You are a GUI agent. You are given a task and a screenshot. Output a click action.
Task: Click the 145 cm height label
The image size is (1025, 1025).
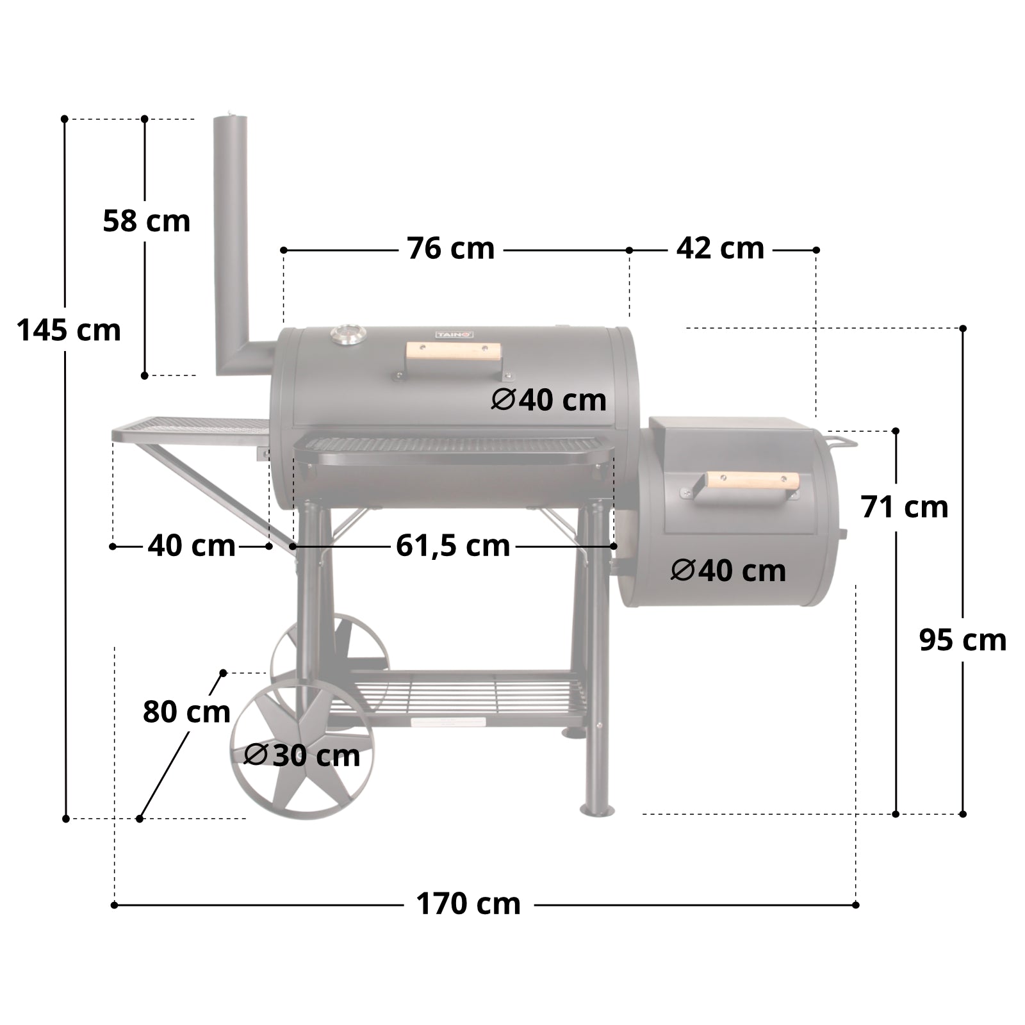coord(69,331)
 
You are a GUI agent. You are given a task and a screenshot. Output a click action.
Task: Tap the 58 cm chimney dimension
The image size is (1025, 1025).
coord(147,221)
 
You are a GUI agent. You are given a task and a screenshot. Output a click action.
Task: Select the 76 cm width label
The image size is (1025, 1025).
coord(451,249)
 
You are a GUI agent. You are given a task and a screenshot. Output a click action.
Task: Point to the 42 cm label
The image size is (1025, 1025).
coord(720,249)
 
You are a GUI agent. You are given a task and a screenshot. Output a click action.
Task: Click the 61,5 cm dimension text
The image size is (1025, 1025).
coord(453,546)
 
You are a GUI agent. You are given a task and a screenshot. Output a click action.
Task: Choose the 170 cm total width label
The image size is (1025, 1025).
coord(468,904)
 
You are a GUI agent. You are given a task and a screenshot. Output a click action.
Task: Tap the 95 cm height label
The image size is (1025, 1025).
coord(962,640)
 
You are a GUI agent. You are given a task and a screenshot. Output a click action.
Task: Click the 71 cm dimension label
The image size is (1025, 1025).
coord(904,507)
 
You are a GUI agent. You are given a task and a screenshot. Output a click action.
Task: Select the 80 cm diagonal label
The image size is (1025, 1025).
coord(186,712)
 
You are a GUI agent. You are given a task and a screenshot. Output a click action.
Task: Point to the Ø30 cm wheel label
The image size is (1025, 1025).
coord(302,755)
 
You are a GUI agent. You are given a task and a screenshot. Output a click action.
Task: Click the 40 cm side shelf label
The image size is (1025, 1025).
coord(192,546)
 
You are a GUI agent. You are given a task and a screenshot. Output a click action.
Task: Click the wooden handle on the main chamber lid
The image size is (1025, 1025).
coord(454,352)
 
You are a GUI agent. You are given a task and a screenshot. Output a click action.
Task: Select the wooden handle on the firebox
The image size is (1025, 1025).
coord(753,480)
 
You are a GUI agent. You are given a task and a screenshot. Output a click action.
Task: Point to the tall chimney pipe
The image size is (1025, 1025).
coord(230,243)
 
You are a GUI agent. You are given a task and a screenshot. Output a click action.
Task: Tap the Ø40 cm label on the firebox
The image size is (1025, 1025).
coord(728,570)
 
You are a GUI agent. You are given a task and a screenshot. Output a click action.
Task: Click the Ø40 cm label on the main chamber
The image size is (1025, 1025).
coord(549,400)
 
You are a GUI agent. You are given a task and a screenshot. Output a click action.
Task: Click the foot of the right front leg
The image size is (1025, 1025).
coord(596,810)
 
